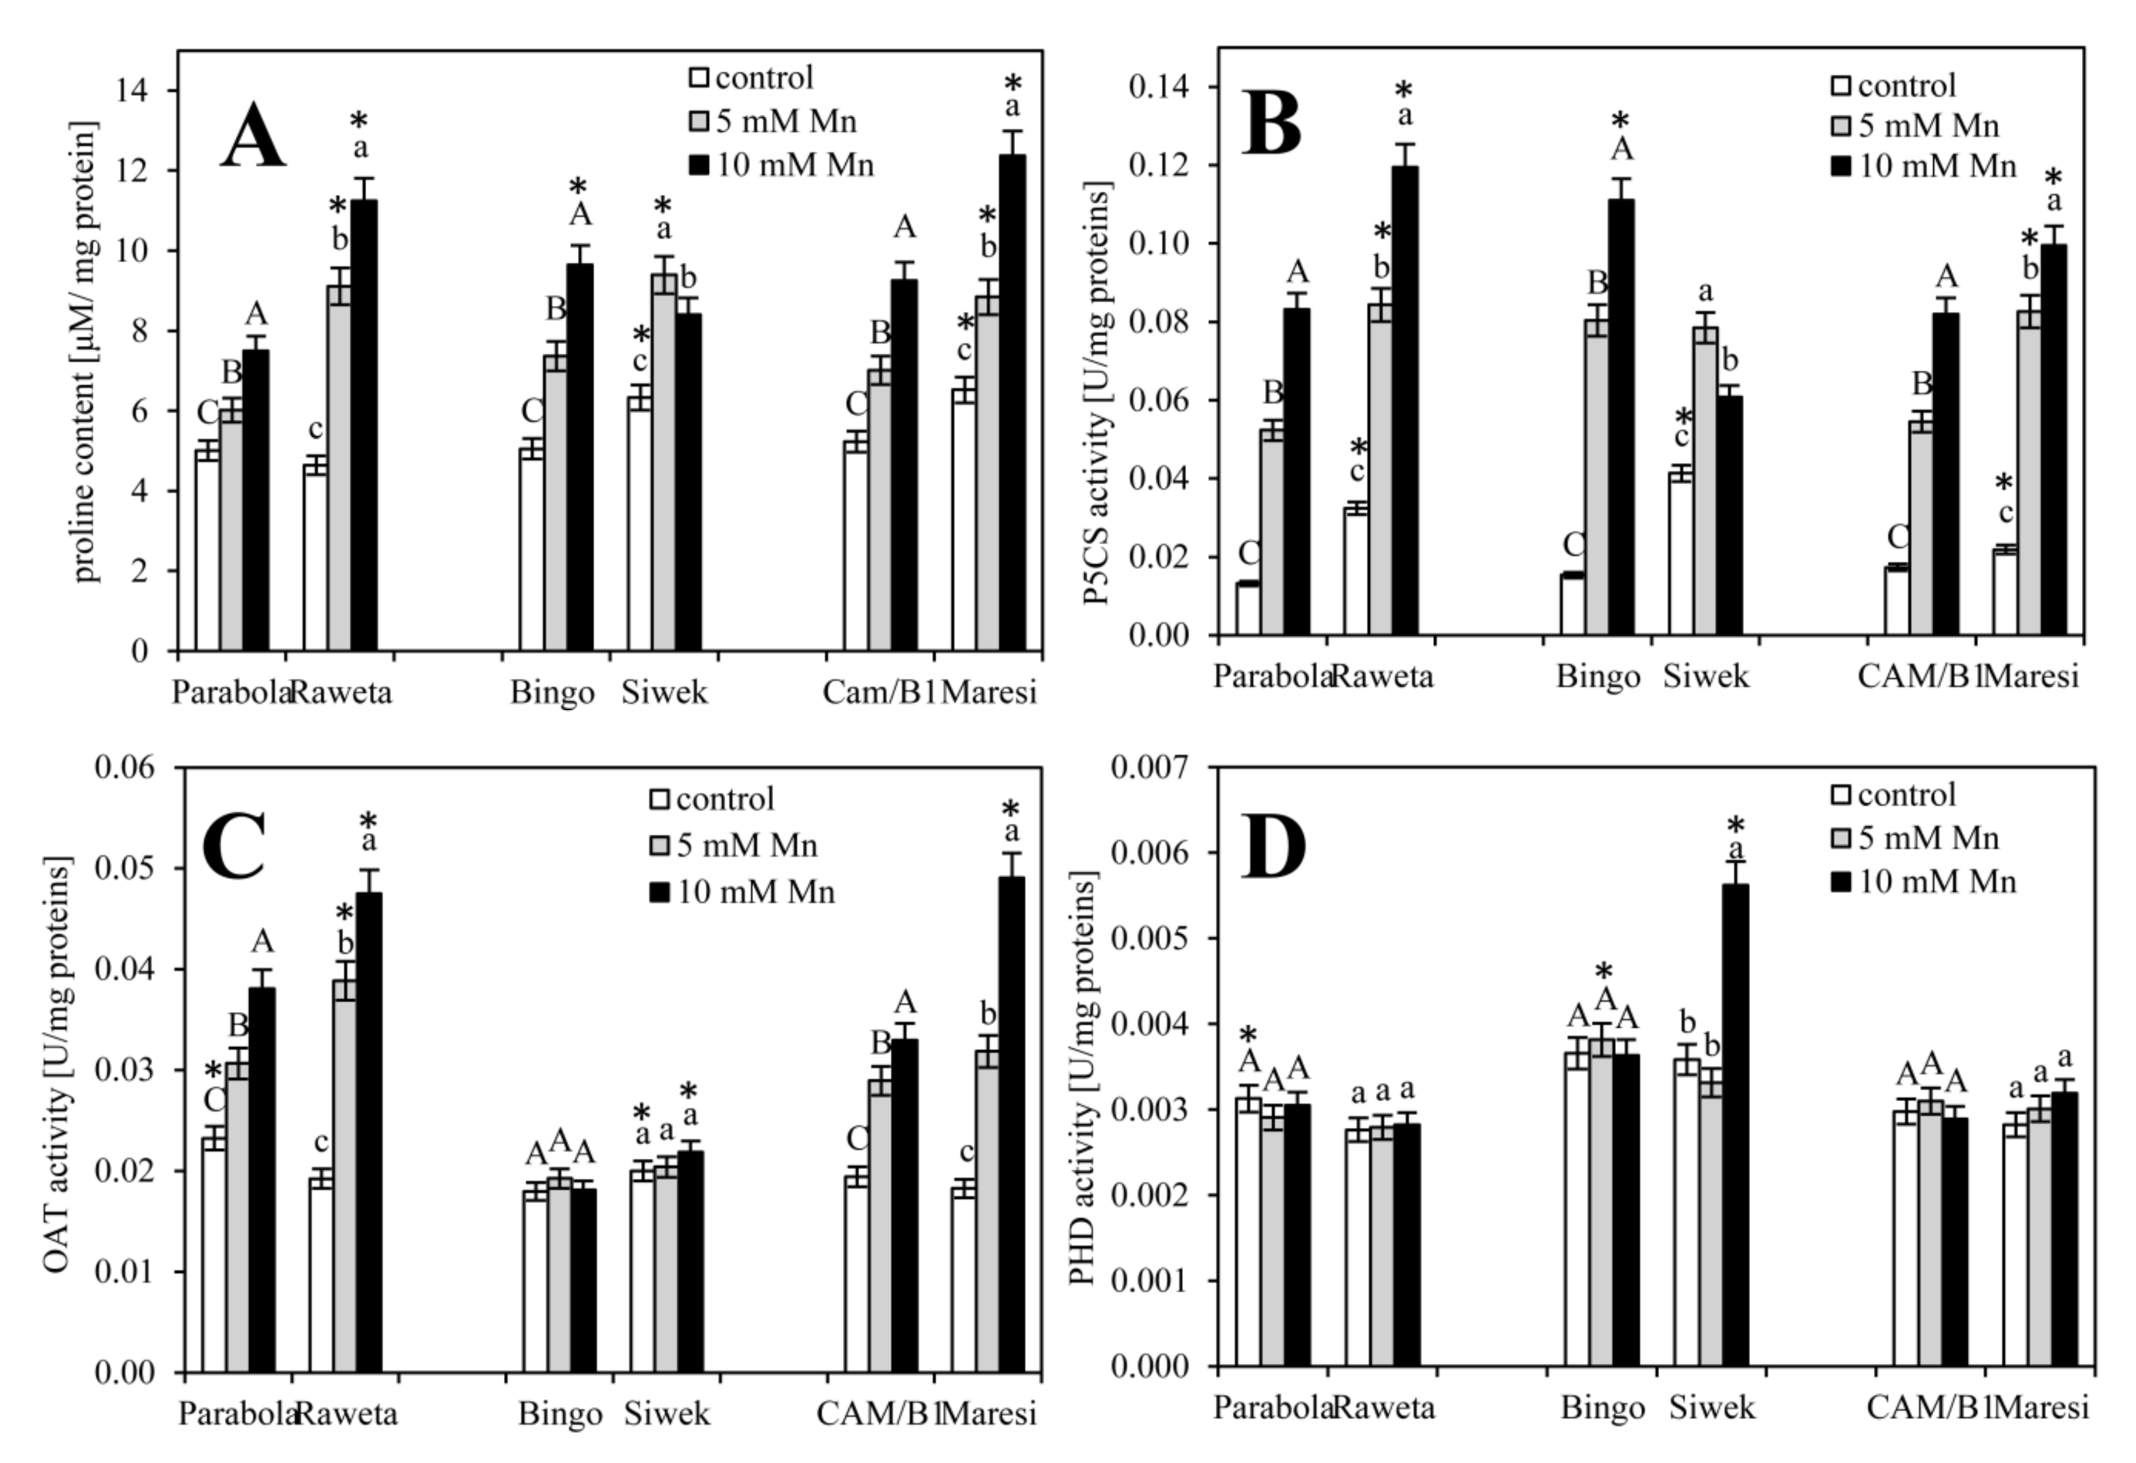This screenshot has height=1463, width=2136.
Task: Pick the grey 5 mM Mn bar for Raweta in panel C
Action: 345,1176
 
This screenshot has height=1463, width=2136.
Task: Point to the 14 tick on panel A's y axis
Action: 138,90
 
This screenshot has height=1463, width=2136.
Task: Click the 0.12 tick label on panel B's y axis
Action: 1160,165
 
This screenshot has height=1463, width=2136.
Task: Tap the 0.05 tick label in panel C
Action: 125,868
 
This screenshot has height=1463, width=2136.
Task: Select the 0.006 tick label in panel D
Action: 1146,853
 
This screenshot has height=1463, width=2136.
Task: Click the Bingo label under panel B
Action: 1597,677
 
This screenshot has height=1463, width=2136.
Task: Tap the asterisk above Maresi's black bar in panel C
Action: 1011,809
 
